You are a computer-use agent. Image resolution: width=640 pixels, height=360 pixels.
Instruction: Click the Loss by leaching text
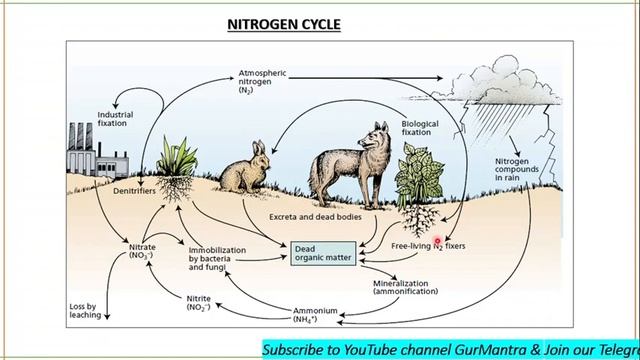(x=85, y=310)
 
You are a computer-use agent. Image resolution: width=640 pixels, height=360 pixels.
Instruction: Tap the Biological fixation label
(x=420, y=131)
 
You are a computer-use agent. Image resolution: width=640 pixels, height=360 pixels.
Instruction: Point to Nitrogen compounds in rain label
(x=520, y=176)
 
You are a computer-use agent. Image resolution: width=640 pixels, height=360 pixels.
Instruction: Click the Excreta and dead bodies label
(x=313, y=216)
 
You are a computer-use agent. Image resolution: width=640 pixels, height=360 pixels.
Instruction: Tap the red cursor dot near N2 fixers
(x=438, y=241)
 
